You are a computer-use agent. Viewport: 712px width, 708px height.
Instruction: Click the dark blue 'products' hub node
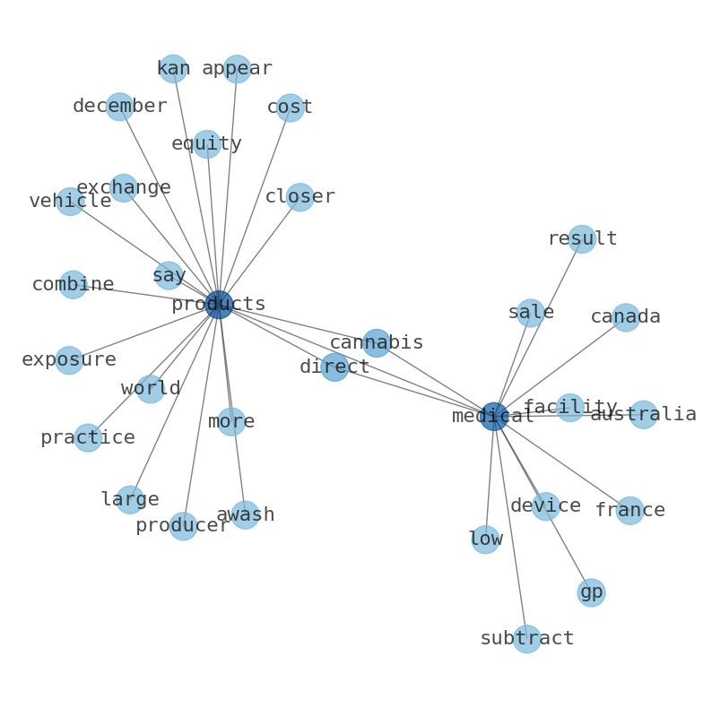click(x=219, y=305)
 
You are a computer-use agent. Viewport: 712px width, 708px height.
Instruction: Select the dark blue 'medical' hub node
click(x=494, y=416)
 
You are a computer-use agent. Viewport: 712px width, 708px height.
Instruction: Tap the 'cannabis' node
click(x=377, y=342)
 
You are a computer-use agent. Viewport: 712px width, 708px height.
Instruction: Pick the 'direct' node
click(x=334, y=367)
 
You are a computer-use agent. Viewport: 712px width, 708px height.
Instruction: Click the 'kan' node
click(x=173, y=68)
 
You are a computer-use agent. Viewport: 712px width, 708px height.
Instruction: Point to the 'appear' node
click(x=237, y=68)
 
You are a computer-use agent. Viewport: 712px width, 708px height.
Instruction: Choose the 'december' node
click(x=119, y=107)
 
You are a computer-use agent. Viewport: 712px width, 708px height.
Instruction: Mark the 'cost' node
click(x=290, y=108)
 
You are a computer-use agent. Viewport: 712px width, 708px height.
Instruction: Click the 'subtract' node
click(x=526, y=639)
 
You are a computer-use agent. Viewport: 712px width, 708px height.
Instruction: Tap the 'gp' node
click(x=591, y=592)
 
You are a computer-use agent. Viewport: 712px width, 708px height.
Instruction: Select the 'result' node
click(x=582, y=238)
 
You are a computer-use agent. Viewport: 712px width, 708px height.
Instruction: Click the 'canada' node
click(x=626, y=317)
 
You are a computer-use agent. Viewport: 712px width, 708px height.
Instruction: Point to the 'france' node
click(x=630, y=511)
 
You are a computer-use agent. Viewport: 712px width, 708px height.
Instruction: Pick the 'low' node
click(x=485, y=540)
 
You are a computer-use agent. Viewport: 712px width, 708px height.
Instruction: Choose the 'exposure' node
click(x=69, y=360)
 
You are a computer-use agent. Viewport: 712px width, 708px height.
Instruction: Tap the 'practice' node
click(x=88, y=438)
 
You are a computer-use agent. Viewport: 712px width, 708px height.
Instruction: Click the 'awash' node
click(x=245, y=514)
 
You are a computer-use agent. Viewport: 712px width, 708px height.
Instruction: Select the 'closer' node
click(x=300, y=197)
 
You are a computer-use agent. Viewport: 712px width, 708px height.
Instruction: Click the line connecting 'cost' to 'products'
click(x=255, y=206)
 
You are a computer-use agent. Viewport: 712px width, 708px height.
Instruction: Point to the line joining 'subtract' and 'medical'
click(x=510, y=527)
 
